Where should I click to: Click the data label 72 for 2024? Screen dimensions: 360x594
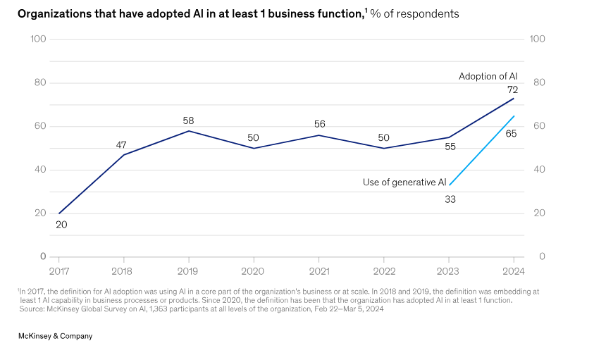pos(513,89)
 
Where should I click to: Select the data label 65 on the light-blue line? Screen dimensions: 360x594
pos(512,133)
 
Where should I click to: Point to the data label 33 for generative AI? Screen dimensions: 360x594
pos(450,199)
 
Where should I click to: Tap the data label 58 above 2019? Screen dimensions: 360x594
pos(188,120)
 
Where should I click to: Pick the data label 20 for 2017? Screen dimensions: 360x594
pos(61,225)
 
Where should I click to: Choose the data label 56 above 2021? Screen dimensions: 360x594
pos(318,125)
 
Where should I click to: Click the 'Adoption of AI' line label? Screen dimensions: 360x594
pos(488,76)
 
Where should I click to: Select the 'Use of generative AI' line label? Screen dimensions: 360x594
pos(404,182)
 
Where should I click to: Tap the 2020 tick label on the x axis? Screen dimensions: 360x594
pos(253,271)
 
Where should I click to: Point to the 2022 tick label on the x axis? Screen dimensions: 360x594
pos(383,271)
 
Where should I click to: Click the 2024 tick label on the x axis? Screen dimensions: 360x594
pos(513,271)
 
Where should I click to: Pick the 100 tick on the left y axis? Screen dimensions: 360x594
pos(39,39)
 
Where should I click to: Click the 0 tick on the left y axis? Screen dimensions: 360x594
pos(43,256)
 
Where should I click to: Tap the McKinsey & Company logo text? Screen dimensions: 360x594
pos(55,337)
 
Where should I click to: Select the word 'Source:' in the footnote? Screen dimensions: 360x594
pos(31,308)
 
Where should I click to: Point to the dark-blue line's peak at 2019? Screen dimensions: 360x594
pos(188,131)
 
